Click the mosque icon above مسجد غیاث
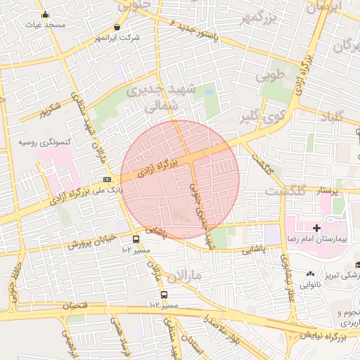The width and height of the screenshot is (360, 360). tap(46, 15)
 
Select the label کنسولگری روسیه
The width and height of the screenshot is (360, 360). tap(44, 143)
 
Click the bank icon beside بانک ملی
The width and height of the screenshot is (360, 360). tap(107, 179)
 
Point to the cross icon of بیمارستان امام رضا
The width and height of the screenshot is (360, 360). tap(317, 228)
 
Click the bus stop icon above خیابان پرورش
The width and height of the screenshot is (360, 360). tap(136, 240)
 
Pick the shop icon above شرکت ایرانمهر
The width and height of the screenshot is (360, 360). tap(117, 27)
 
